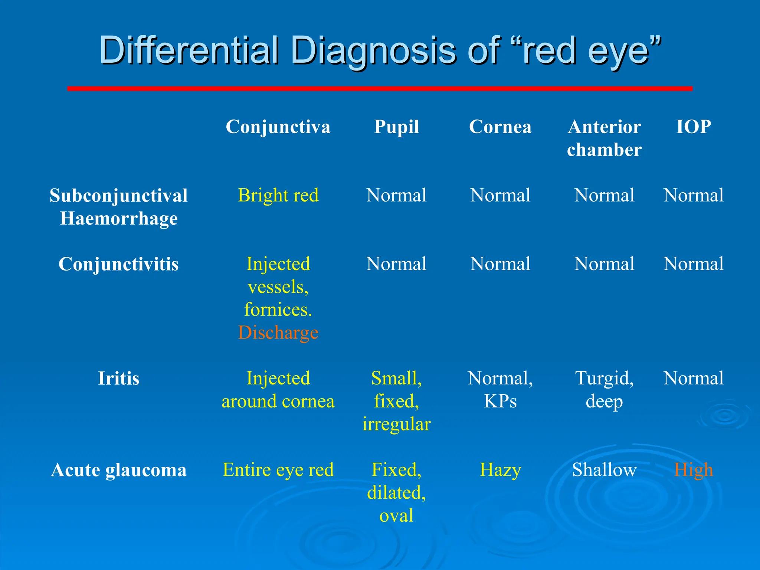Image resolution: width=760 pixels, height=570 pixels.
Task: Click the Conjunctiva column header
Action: (278, 127)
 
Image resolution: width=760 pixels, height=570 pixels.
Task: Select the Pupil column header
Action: (396, 127)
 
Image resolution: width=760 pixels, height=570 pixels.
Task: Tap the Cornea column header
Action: (500, 127)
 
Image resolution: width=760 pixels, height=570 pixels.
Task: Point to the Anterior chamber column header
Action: (604, 138)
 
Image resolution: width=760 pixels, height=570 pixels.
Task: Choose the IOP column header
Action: (693, 127)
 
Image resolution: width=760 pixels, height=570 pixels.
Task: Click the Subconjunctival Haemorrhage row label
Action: (118, 207)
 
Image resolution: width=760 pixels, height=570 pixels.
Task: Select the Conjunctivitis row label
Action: (118, 264)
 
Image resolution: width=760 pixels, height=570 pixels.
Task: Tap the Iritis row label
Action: (118, 379)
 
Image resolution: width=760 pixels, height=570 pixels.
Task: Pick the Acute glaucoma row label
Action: (118, 470)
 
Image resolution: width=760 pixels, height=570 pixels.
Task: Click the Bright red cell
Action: (278, 196)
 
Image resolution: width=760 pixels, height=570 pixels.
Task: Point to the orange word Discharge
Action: (278, 332)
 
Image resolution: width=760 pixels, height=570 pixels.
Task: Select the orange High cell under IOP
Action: (693, 470)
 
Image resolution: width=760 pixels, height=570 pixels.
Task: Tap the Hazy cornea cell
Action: (500, 470)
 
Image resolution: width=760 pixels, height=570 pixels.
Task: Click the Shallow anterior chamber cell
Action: (604, 470)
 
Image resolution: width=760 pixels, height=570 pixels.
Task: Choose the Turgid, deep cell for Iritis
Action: (604, 390)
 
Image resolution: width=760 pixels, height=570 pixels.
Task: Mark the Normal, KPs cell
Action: (500, 390)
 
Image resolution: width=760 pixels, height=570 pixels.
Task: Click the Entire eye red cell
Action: (278, 470)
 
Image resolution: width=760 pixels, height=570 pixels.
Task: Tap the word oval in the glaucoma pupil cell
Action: (396, 516)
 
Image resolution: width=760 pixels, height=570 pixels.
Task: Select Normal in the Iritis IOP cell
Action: (693, 379)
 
